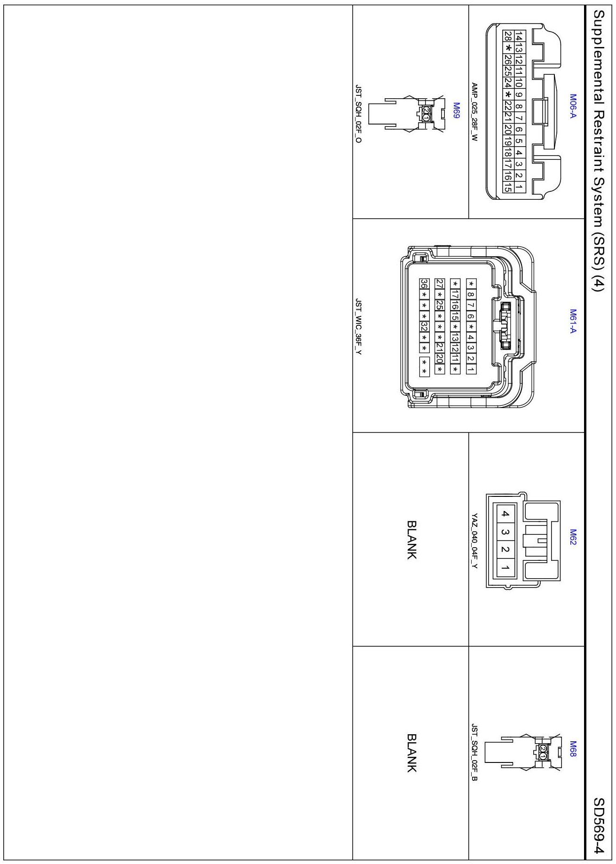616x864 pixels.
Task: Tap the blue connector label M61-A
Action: (573, 321)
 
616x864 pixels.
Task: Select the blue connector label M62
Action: (573, 537)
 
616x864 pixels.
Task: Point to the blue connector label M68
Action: (573, 749)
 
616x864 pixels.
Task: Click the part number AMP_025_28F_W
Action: (474, 112)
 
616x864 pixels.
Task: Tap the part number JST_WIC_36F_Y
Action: (358, 327)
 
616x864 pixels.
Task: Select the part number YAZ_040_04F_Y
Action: (474, 541)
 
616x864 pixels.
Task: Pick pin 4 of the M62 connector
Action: (505, 514)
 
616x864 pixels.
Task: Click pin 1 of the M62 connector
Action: (505, 568)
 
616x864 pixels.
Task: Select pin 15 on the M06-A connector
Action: (508, 187)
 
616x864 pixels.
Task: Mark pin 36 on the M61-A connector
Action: (424, 283)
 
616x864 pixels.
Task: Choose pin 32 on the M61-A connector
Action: (424, 326)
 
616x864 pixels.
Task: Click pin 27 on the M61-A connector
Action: (440, 283)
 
